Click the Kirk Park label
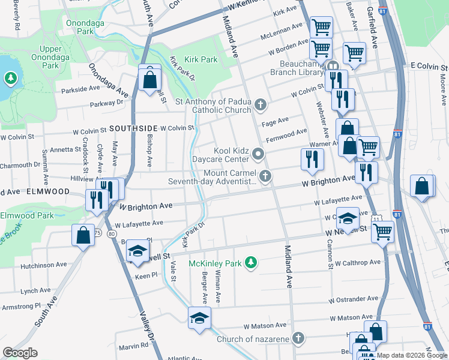click(201, 60)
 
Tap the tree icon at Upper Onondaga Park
click(10, 78)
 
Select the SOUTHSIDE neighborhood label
click(133, 128)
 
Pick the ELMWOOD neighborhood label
click(47, 191)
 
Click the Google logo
click(20, 353)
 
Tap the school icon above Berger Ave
click(199, 319)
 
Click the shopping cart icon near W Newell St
click(382, 230)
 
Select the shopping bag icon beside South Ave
click(83, 235)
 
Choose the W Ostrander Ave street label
click(354, 298)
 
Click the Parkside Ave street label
click(80, 89)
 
